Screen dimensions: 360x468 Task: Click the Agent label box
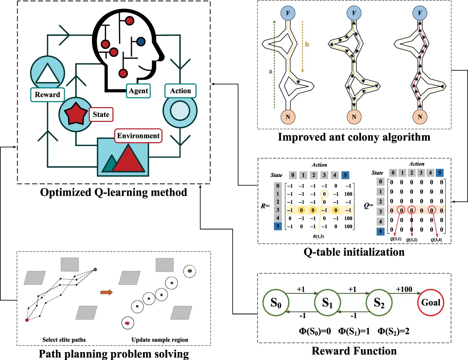pos(138,91)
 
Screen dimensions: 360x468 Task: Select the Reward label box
pos(47,95)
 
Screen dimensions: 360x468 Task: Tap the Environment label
pos(138,135)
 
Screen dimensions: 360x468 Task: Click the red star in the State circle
pos(76,114)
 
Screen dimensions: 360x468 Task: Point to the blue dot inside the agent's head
pos(141,42)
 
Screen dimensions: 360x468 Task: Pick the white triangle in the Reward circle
pos(47,74)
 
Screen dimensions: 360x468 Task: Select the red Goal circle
pos(431,303)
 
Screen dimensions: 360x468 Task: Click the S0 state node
pos(276,303)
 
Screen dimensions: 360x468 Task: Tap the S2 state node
pos(379,303)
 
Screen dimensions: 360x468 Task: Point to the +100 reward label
pos(404,289)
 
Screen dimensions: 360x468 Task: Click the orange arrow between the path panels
pos(106,292)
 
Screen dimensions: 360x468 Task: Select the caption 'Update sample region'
pos(160,340)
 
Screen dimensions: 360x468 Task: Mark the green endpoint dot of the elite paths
pos(95,269)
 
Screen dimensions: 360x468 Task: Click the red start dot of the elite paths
pos(27,320)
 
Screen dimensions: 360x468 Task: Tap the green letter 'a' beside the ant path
pos(270,71)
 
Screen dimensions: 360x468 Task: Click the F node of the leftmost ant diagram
pos(288,13)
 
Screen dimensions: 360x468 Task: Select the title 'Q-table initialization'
pos(354,252)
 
